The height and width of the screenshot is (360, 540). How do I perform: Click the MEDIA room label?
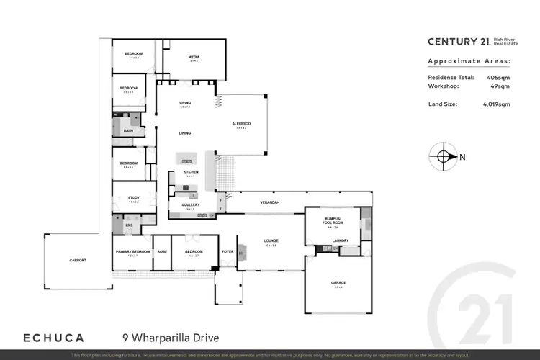194,56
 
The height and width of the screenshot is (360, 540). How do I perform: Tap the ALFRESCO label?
240,123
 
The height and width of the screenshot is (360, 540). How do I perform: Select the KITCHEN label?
190,172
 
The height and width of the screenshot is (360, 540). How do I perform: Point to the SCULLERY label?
190,204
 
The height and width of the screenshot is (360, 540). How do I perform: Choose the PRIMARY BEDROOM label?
133,251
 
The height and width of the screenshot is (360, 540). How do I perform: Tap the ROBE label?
163,251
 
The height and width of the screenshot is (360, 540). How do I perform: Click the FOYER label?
228,251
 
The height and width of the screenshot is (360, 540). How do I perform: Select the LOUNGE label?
271,240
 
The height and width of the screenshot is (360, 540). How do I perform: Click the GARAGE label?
338,283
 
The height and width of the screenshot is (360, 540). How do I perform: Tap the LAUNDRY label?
341,240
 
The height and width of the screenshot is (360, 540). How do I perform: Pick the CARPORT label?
78,260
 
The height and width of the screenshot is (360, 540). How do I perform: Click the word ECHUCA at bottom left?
54,337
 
